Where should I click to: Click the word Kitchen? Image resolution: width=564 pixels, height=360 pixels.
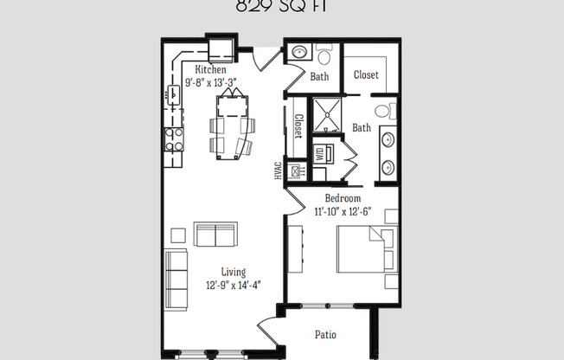pyautogui.click(x=211, y=69)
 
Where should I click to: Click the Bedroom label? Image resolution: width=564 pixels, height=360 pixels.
pyautogui.click(x=342, y=198)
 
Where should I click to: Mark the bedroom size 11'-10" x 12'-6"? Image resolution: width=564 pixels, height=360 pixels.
pyautogui.click(x=342, y=210)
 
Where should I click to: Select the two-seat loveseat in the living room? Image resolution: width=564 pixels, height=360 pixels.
pyautogui.click(x=215, y=235)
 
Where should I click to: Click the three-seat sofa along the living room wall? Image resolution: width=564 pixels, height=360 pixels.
pyautogui.click(x=176, y=279)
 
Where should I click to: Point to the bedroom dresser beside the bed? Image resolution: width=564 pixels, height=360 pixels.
pyautogui.click(x=294, y=247)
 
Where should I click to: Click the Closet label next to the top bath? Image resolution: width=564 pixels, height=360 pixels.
pyautogui.click(x=366, y=75)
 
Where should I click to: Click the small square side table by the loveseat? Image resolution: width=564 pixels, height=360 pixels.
pyautogui.click(x=178, y=235)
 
